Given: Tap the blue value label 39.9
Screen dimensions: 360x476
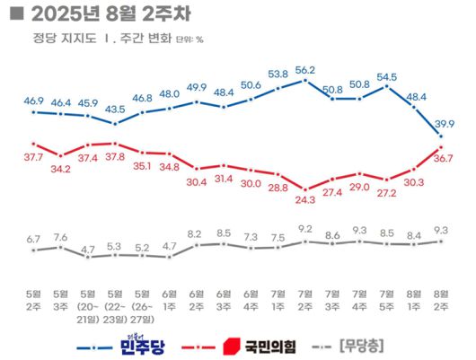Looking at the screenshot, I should [x=442, y=123].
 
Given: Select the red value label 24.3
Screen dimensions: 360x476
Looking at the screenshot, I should [x=305, y=199].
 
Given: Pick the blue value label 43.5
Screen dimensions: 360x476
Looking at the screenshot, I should [x=115, y=109].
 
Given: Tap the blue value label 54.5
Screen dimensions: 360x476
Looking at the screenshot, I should [x=387, y=76].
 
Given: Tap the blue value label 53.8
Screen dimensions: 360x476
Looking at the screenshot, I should [x=278, y=75].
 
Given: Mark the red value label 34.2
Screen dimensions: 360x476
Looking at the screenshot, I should [x=60, y=167].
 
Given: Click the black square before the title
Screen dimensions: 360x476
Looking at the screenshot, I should [x=16, y=14].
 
